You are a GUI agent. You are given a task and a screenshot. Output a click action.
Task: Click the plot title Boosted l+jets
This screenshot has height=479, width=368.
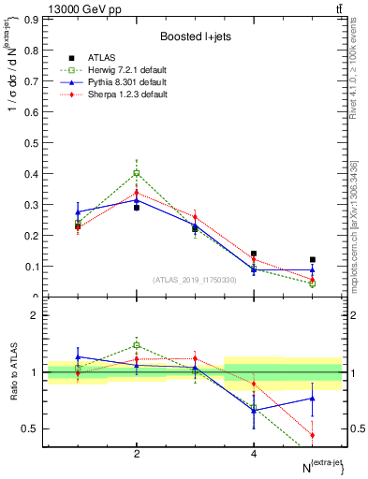pos(196,36)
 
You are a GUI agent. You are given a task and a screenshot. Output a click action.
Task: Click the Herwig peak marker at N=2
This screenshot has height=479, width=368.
pos(137,172)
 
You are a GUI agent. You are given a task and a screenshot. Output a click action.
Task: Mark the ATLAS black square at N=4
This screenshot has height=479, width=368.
pos(254,254)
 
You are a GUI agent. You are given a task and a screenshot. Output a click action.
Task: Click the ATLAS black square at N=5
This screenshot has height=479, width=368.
pos(313,259)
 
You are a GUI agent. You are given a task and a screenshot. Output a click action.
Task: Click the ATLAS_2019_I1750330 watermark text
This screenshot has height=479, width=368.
pos(194,280)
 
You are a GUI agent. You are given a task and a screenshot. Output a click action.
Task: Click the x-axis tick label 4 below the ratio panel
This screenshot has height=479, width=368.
pos(254,454)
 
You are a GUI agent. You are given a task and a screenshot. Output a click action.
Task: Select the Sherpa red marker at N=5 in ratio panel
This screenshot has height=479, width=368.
pos(313,435)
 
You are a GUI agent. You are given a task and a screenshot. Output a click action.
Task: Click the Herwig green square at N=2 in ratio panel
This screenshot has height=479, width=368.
pos(137,345)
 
